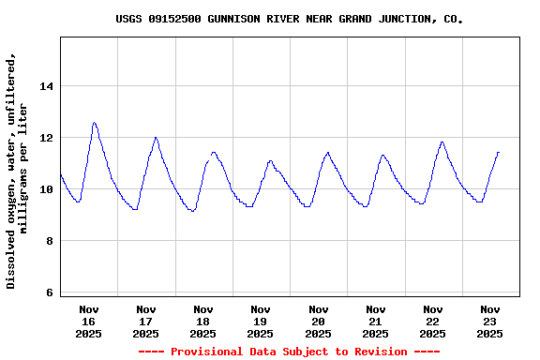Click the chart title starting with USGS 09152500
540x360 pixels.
click(289, 19)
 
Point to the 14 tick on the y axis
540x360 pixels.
click(47, 86)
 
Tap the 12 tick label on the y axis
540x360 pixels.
click(47, 138)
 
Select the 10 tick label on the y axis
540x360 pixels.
click(47, 189)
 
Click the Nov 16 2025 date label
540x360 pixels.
click(89, 321)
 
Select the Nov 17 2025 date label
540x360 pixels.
click(146, 321)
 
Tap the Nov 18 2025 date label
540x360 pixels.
click(203, 321)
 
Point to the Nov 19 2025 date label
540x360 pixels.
click(261, 321)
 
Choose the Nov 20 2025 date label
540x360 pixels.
click(319, 321)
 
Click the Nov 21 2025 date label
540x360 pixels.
click(376, 321)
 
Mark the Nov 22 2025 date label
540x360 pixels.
click(433, 321)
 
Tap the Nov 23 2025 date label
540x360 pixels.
click(490, 321)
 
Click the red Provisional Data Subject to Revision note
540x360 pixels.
click(289, 352)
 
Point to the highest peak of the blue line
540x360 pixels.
click(94, 123)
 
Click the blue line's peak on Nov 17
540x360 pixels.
click(156, 138)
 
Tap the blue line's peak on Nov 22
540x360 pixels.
click(442, 142)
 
